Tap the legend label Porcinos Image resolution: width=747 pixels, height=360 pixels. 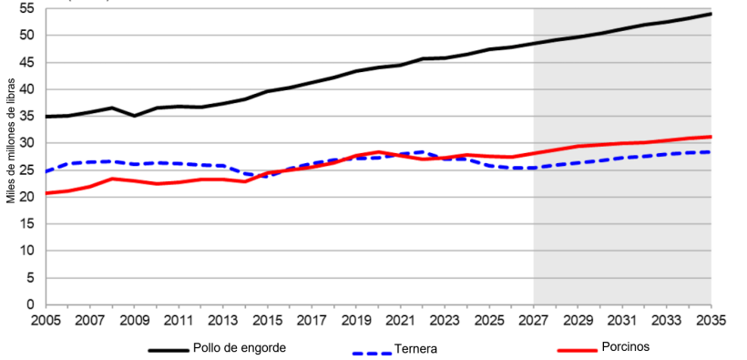tap(626, 347)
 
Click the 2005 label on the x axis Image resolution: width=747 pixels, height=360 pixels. tap(46, 321)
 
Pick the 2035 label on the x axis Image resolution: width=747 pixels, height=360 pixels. tap(711, 321)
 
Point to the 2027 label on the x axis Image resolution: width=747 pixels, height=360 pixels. tap(534, 321)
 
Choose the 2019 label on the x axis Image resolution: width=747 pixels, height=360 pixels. tap(356, 321)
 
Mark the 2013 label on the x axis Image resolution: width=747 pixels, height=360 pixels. tap(223, 321)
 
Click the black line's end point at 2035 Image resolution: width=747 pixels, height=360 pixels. tap(711, 14)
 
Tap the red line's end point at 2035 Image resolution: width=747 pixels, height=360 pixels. tap(711, 137)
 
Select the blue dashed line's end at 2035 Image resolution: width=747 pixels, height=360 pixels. tap(711, 152)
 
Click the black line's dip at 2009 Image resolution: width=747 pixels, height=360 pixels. tap(134, 116)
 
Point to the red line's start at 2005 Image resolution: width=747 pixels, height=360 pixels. tap(46, 193)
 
